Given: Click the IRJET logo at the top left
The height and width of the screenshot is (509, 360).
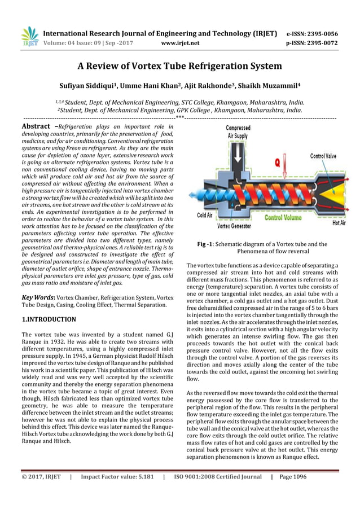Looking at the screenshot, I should pyautogui.click(x=29, y=36).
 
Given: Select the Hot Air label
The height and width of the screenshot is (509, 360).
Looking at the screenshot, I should pyautogui.click(x=340, y=222).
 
